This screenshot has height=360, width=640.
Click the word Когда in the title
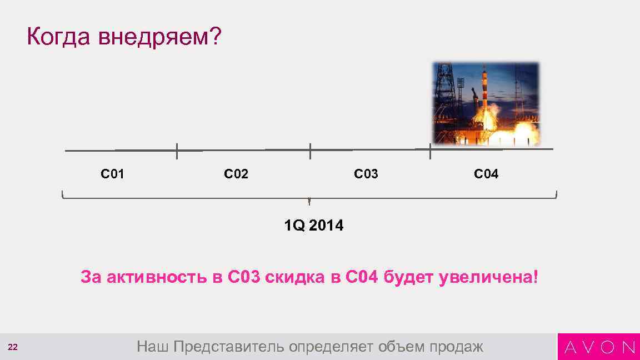tap(58, 38)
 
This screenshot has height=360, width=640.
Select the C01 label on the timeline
tap(112, 174)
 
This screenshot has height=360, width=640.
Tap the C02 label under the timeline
tap(236, 174)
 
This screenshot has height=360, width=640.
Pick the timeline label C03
tap(366, 174)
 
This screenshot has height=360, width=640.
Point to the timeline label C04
tap(486, 174)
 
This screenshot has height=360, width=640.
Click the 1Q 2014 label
tap(313, 226)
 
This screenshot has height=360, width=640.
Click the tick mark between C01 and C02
tap(177, 151)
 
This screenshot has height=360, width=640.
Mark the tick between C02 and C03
tap(310, 151)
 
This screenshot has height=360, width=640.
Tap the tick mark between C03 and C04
tap(430, 151)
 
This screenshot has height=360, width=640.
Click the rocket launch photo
tap(486, 103)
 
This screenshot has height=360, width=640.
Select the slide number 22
tap(13, 347)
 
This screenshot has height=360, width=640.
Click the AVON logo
tap(599, 347)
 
